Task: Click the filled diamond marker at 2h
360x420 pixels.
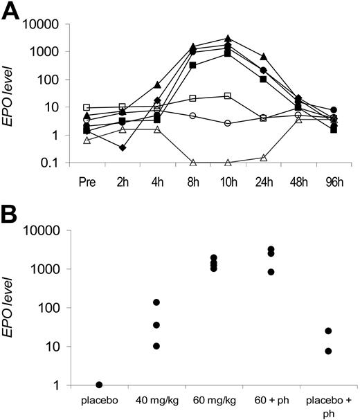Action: pos(123,147)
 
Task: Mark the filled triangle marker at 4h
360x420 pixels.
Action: pos(158,84)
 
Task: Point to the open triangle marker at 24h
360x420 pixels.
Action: pos(263,158)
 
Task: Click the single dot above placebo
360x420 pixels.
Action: pos(100,385)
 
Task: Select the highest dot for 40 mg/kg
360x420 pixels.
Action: pos(157,302)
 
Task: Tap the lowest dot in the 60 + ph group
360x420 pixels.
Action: pos(271,272)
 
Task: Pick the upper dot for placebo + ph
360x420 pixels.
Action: pos(328,331)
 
